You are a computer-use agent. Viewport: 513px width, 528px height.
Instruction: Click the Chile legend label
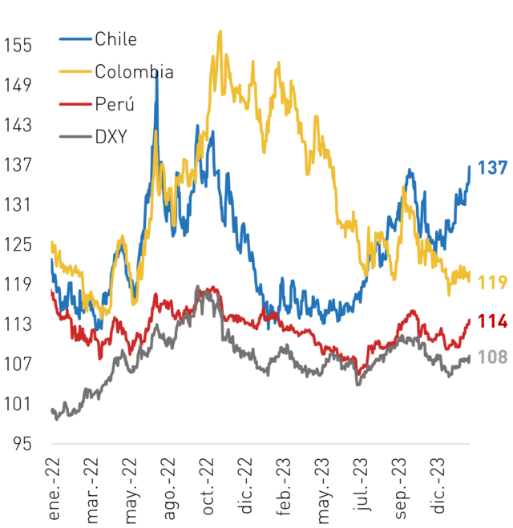click(x=115, y=39)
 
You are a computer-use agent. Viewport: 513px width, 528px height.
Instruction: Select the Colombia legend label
click(x=134, y=71)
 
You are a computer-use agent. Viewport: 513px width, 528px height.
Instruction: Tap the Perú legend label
click(x=115, y=103)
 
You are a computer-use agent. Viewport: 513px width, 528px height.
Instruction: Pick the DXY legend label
click(x=111, y=136)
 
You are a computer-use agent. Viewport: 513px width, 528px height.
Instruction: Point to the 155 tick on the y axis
click(x=18, y=45)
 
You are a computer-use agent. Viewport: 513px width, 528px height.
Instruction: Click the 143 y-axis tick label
click(x=18, y=125)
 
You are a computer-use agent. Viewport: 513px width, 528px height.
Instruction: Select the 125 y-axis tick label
click(x=18, y=244)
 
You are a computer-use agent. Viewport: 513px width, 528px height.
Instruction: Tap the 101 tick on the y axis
click(x=18, y=404)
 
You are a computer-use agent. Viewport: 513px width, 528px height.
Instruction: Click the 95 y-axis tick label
click(x=22, y=444)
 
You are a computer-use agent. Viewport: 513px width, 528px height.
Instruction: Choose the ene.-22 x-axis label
click(x=54, y=489)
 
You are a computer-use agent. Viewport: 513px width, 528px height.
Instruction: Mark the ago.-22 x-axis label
click(x=169, y=489)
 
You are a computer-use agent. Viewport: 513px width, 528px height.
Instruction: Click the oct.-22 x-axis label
click(x=208, y=486)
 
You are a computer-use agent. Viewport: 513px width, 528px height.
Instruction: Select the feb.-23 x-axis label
click(x=284, y=486)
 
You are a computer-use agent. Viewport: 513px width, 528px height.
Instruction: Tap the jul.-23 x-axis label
click(x=361, y=485)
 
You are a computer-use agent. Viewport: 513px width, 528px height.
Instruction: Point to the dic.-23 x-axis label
click(x=438, y=486)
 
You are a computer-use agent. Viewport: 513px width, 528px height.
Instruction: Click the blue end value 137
click(x=492, y=167)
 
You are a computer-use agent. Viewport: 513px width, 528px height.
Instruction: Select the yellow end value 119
click(x=492, y=282)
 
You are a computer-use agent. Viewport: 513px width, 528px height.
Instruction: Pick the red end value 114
click(x=492, y=321)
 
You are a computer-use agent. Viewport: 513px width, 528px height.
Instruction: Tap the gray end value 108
click(x=492, y=357)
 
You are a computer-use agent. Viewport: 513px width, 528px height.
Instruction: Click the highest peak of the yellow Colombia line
click(x=220, y=31)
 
